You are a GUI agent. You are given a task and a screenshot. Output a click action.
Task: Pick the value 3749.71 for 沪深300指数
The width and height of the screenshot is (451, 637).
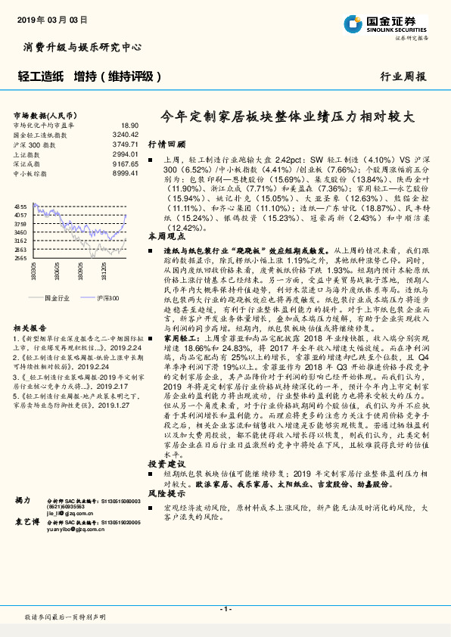click(126, 144)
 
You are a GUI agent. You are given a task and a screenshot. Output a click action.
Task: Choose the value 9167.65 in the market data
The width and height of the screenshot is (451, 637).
click(126, 163)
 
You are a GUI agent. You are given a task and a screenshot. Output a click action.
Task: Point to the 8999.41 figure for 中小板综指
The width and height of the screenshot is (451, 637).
click(126, 173)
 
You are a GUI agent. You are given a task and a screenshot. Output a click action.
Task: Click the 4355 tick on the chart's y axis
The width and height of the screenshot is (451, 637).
click(20, 207)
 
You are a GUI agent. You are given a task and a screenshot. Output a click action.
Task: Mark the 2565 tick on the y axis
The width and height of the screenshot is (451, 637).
click(20, 257)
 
